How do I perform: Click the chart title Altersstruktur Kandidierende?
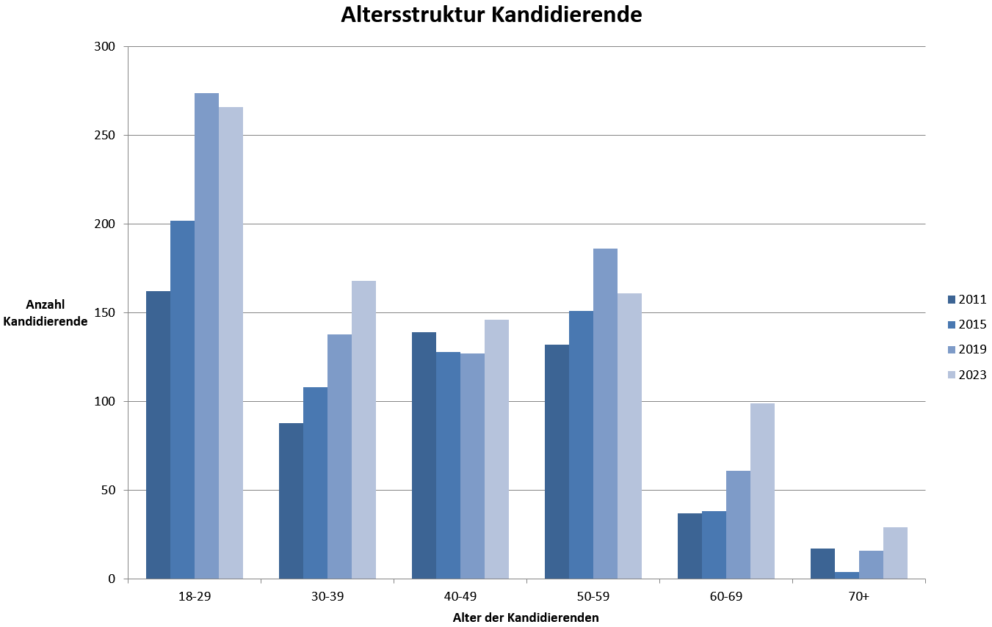tap(491, 15)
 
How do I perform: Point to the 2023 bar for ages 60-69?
tap(762, 491)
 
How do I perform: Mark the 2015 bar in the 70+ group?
tap(847, 575)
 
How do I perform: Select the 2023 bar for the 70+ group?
tap(895, 553)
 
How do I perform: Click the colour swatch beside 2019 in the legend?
tap(952, 350)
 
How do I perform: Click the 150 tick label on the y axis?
tap(106, 313)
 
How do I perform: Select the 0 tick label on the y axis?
tap(112, 579)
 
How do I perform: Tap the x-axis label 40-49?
tap(460, 597)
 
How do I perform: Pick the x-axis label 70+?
tap(858, 597)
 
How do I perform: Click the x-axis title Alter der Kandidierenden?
tap(526, 617)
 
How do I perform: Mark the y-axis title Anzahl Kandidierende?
tap(46, 313)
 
